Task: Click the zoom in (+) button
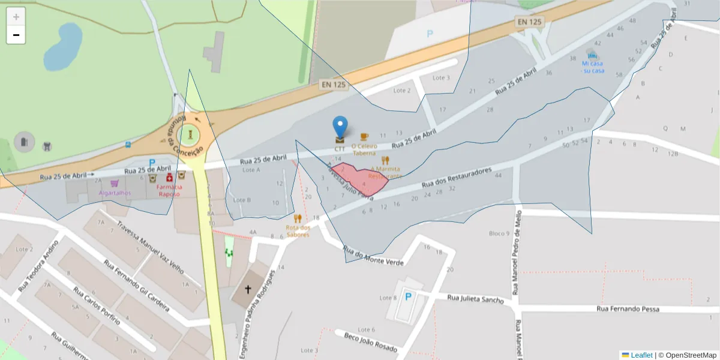pyautogui.click(x=16, y=16)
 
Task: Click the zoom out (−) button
pyautogui.click(x=16, y=35)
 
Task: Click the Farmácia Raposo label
pyautogui.click(x=170, y=190)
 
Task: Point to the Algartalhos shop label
pyautogui.click(x=115, y=193)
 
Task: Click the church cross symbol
pyautogui.click(x=248, y=289)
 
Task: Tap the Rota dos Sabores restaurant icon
pyautogui.click(x=298, y=218)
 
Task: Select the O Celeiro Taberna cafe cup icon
pyautogui.click(x=364, y=137)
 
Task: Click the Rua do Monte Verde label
pyautogui.click(x=372, y=255)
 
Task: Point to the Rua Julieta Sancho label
pyautogui.click(x=475, y=299)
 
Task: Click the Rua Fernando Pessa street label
pyautogui.click(x=628, y=309)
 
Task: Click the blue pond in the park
pyautogui.click(x=62, y=47)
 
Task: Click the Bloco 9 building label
pyautogui.click(x=499, y=233)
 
